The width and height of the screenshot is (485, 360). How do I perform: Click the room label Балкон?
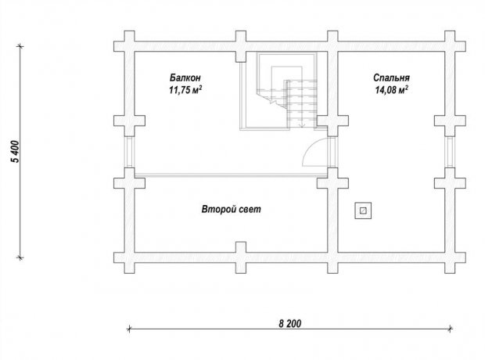click(185, 77)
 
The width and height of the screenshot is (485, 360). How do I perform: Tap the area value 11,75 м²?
click(185, 90)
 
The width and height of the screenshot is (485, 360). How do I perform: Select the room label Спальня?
click(391, 77)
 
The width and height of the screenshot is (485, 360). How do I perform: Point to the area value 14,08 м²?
click(391, 90)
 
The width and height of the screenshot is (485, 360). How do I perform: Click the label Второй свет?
click(231, 209)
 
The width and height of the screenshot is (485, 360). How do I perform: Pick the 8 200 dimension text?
click(289, 323)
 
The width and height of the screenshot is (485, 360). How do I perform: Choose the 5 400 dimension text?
click(15, 151)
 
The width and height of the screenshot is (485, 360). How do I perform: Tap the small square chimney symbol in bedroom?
click(363, 211)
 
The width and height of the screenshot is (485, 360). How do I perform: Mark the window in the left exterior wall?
click(129, 152)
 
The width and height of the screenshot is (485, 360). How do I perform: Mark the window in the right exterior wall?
click(450, 152)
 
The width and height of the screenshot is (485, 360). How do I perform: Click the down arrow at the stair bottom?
click(303, 124)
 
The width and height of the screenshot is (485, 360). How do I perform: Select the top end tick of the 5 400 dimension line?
click(20, 46)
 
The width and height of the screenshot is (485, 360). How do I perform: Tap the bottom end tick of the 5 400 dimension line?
click(20, 257)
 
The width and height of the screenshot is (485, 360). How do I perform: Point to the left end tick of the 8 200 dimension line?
click(129, 329)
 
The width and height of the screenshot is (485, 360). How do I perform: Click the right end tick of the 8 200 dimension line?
click(451, 329)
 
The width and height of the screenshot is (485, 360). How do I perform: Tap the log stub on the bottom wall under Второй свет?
click(241, 257)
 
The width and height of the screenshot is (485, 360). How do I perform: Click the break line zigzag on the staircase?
click(272, 99)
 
